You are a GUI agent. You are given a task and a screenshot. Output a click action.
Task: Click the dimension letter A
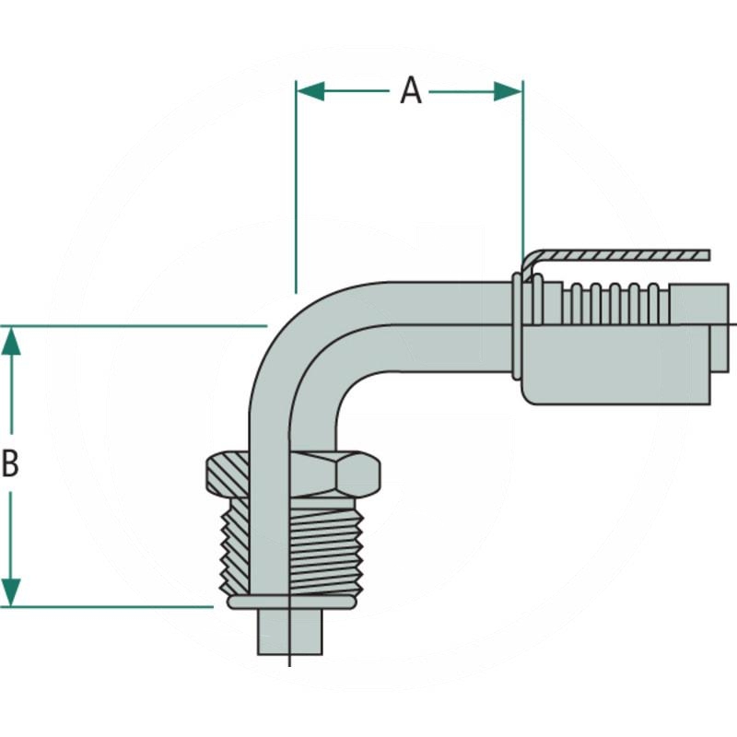(x=410, y=90)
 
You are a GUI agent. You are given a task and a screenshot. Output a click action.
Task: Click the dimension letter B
(x=11, y=464)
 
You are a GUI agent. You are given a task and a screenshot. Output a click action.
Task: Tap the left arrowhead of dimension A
(x=310, y=90)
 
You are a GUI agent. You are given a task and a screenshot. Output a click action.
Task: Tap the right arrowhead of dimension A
(x=509, y=90)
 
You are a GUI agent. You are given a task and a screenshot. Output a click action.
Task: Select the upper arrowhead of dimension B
(x=11, y=341)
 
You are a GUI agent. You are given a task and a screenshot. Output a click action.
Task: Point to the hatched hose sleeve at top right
(x=617, y=255)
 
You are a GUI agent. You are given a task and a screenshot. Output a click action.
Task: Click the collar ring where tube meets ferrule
(x=521, y=322)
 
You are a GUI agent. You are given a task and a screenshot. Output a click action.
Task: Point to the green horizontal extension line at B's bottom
(x=111, y=606)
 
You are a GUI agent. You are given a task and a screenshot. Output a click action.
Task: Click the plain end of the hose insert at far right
(x=700, y=303)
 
